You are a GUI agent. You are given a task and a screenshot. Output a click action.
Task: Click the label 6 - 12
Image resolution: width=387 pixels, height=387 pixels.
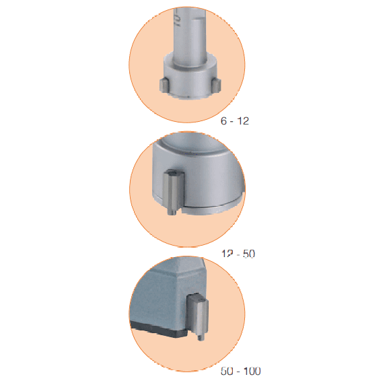point(235,121)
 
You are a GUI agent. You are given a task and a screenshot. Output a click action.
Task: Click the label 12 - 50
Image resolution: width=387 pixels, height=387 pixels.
point(238,254)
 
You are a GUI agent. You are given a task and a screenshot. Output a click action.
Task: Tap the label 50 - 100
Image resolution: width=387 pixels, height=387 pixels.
point(241,371)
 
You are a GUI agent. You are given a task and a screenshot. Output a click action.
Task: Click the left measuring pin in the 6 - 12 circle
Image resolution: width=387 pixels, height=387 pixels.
point(164,85)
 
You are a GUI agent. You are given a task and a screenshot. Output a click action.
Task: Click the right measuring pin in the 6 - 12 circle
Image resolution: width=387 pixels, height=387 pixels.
point(217,85)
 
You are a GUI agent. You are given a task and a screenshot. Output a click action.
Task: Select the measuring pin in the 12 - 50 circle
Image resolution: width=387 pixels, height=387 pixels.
point(174,192)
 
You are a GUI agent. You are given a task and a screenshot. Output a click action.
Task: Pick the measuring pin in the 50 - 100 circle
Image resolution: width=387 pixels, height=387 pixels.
point(198,316)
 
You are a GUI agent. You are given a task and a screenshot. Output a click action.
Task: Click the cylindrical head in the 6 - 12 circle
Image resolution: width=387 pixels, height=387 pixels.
point(190,77)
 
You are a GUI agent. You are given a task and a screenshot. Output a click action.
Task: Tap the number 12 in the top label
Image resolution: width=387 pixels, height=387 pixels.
point(243,121)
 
